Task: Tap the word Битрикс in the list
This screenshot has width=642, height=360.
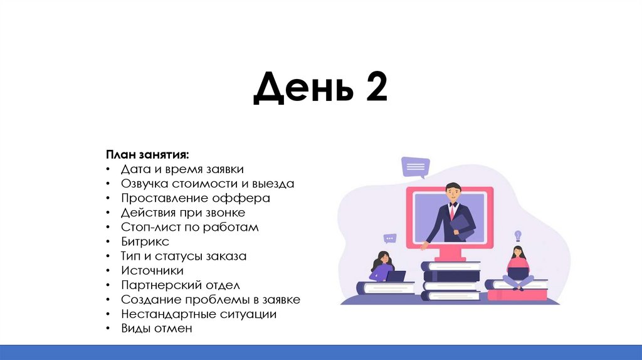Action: coord(145,241)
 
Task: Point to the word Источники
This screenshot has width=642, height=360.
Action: coord(152,270)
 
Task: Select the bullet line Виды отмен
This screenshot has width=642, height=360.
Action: coord(156,328)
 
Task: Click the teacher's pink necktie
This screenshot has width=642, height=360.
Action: coord(450,211)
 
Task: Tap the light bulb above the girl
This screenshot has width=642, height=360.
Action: coord(518,235)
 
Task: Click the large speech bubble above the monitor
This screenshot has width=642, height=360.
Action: coord(416,166)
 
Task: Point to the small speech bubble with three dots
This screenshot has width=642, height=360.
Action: coord(391,238)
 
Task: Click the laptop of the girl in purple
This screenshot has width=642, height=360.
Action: coord(396,275)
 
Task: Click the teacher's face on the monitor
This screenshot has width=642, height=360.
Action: coord(451,191)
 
